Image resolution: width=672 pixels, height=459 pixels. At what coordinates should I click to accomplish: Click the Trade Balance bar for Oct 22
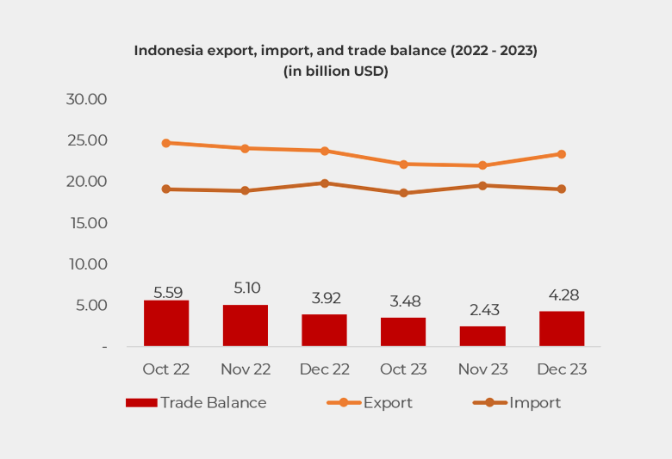point(166,323)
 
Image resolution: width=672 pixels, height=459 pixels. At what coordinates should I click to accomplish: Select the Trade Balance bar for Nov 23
point(482,336)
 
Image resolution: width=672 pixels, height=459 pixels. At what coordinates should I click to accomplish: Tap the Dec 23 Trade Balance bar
point(562,328)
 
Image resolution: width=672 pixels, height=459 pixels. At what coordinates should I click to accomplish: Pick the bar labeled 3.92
point(324,330)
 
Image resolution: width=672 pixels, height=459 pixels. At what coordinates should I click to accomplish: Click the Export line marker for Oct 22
point(166,143)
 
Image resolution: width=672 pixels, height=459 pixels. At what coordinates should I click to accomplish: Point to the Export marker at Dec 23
point(562,154)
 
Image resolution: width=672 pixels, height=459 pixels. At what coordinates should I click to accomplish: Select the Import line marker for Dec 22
point(325,183)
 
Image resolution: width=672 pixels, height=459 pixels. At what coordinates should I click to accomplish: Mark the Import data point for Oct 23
point(403,193)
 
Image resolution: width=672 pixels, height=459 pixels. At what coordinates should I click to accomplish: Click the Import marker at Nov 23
point(482,185)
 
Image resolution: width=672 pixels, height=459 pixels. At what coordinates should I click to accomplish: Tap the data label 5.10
point(246,288)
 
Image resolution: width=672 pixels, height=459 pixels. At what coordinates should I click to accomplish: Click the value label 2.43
point(482,310)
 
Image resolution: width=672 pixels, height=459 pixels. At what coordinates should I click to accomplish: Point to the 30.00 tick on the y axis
point(86,99)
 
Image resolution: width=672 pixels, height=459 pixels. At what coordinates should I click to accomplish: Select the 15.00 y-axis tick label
point(86,223)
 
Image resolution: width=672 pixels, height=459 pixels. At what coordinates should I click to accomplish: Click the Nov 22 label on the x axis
point(246,369)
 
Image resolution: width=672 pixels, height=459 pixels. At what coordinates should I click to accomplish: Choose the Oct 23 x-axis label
point(403,369)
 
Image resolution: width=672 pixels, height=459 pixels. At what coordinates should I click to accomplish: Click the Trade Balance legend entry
point(196,402)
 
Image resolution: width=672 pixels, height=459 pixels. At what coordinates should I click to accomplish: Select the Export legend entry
point(370,402)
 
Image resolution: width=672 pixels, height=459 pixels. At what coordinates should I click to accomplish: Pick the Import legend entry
point(517,402)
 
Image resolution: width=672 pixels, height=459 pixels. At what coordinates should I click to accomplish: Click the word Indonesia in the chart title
point(170,51)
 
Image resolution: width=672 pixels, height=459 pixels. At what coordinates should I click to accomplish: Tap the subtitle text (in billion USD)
point(336,71)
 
